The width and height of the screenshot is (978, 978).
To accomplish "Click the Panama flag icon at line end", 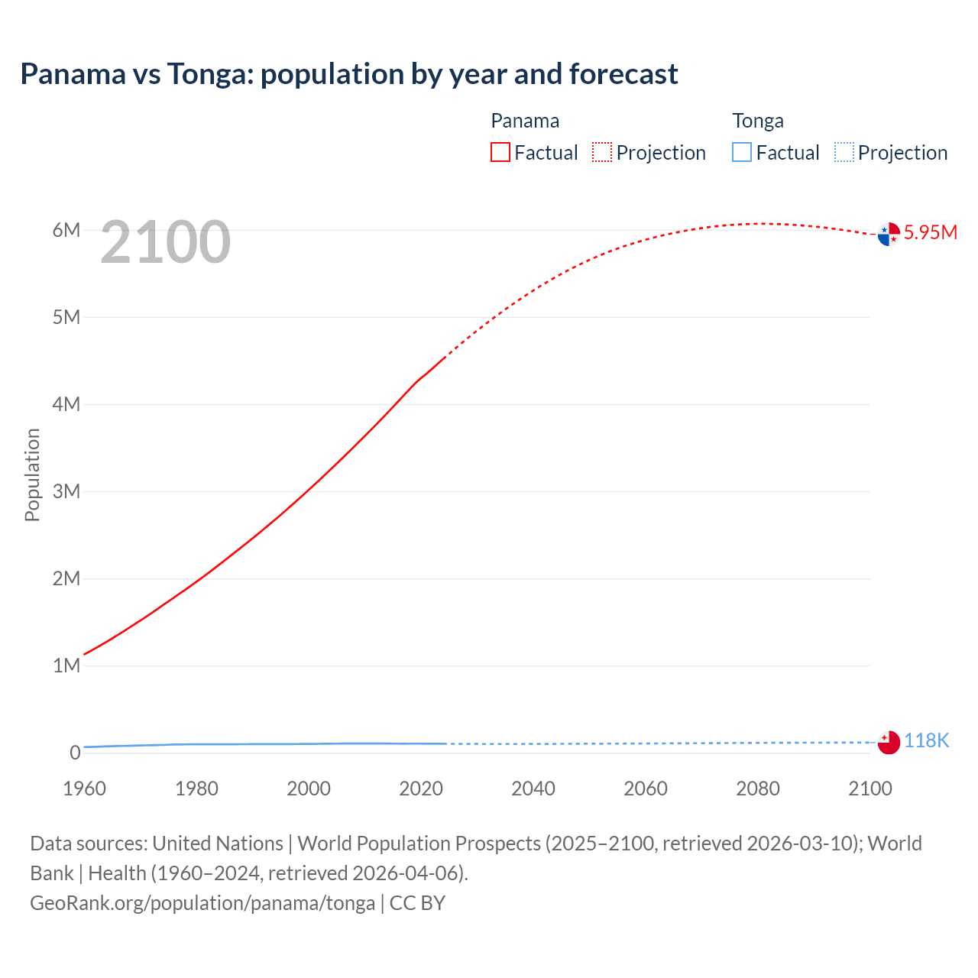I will coord(889,234).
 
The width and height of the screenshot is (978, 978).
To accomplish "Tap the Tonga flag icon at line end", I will coord(889,742).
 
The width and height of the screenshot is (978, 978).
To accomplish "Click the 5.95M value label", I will coord(930,233).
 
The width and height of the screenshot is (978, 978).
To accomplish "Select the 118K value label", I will coord(926,740).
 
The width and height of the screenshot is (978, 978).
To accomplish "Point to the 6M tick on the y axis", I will coord(66,230).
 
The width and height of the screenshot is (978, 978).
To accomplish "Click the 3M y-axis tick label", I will coord(66,491).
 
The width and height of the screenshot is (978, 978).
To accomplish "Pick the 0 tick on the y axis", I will coord(75,753).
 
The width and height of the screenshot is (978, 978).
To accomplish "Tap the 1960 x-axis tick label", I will coord(84,789).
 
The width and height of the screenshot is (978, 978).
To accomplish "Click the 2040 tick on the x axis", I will coord(533,789).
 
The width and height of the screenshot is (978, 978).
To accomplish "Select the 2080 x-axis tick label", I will coord(758,789).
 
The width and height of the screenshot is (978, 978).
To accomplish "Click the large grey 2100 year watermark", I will coord(165,242).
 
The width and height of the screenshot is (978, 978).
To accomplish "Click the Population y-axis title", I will coord(32,474).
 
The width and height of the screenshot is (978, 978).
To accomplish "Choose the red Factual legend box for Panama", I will coord(500,152).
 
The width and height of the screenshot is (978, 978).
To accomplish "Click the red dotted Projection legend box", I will coord(602,152).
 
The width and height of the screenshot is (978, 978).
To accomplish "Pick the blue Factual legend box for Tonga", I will coord(742,152).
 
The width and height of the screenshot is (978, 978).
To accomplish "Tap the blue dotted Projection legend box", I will coord(844,152).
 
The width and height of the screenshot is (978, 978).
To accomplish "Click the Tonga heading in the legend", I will coord(758,121).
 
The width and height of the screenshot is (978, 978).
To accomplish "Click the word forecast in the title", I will coord(623,74).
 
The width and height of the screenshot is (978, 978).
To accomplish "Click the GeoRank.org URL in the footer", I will coord(202,903).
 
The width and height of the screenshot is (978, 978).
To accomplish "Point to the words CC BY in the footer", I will coord(417,903).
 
